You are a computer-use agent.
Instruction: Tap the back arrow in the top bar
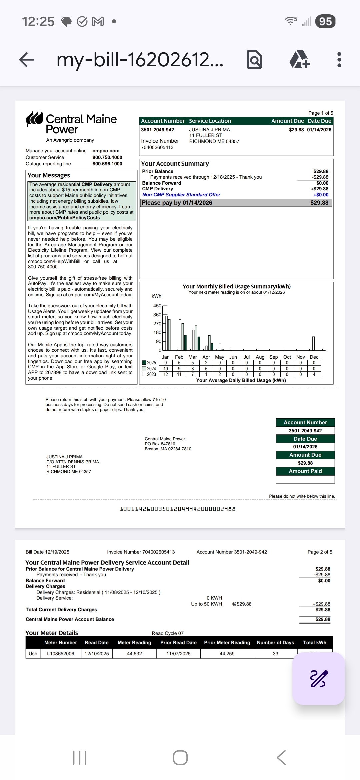pos(27,60)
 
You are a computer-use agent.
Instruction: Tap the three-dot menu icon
pos(339,60)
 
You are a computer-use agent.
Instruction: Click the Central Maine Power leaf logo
pos(34,119)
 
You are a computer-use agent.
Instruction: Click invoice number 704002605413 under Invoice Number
pos(157,147)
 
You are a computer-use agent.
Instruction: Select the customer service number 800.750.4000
pos(107,157)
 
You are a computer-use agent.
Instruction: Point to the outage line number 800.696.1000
pos(107,164)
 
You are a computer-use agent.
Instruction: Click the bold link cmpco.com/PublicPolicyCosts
pos(65,218)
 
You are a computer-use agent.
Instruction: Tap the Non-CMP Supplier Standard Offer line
pos(181,195)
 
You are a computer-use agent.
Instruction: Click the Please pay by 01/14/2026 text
pos(177,203)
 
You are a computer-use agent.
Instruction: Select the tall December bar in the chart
pos(313,343)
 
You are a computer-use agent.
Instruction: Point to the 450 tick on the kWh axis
pos(157,306)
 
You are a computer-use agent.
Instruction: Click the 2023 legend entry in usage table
pos(149,374)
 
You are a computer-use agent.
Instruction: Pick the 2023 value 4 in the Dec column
pos(314,374)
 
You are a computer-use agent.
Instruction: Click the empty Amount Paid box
pos(305,479)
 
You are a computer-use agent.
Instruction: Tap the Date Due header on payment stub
pos(305,439)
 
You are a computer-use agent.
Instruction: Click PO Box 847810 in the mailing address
pos(160,444)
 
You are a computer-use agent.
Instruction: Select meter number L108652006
pos(60,654)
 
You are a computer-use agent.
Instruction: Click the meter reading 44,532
pos(134,654)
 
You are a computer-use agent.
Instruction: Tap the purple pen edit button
pos(319,678)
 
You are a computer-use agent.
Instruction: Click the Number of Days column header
pos(275,643)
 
